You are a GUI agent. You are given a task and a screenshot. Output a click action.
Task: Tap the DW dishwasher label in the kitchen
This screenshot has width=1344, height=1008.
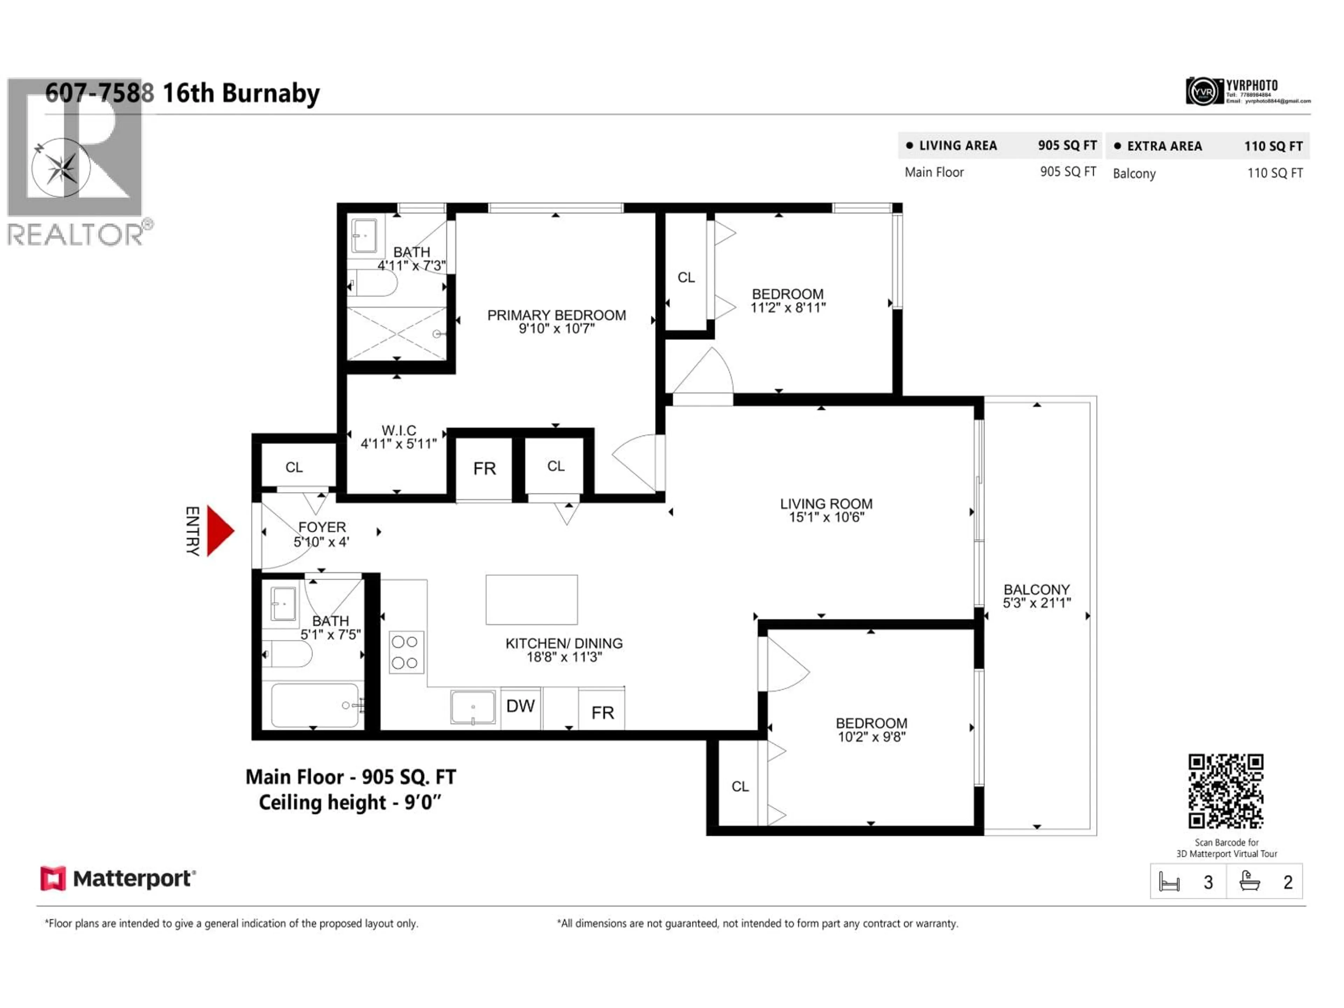click(520, 706)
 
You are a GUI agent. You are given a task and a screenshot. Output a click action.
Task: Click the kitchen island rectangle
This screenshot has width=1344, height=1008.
click(532, 600)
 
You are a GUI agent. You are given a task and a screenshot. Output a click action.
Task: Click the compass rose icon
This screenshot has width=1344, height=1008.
click(61, 168)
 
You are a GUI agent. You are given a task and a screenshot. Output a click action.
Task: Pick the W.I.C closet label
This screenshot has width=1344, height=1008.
click(399, 430)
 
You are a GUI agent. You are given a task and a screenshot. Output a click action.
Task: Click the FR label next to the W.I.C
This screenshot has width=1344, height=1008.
click(484, 468)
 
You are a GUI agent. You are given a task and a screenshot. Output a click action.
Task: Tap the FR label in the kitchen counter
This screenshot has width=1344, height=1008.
click(602, 713)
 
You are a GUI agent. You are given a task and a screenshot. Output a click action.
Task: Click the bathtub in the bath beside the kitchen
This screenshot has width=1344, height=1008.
click(315, 705)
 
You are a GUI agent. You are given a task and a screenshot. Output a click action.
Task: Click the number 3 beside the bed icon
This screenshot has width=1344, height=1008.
click(1208, 882)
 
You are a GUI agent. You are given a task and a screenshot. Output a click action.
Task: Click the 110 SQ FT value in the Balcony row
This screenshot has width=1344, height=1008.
click(1275, 173)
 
